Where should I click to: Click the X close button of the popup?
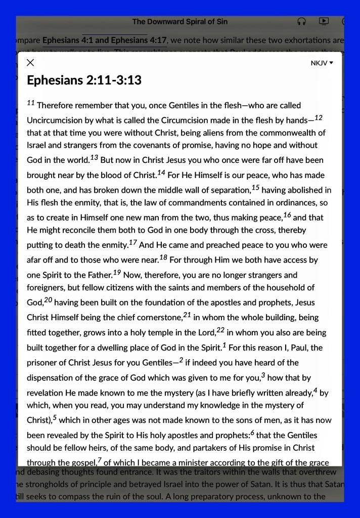(30, 63)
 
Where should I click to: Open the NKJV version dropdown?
(322, 63)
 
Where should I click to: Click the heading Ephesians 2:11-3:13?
(84, 80)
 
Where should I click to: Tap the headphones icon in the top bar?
(302, 22)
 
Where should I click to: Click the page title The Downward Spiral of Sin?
(181, 22)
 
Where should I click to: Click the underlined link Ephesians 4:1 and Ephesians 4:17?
(105, 39)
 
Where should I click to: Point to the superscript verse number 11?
(30, 103)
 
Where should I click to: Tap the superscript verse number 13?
(94, 158)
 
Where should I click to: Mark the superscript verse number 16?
(287, 215)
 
